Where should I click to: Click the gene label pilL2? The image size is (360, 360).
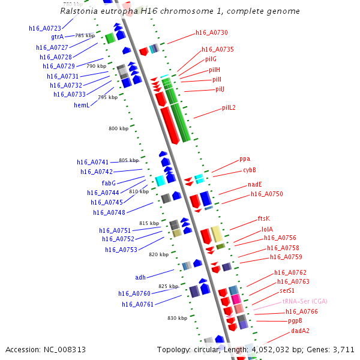coord(229,108)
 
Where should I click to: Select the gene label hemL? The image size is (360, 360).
coord(82,105)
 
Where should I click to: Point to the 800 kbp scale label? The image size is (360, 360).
coord(118,128)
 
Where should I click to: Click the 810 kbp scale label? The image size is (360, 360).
coord(139,191)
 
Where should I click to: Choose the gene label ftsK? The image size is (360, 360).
coord(264,218)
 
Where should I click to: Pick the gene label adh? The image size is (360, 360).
coord(140,277)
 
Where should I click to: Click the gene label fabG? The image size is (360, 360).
coord(109,183)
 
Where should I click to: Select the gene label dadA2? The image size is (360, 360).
coord(301,331)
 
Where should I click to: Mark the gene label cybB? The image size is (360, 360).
coord(250,170)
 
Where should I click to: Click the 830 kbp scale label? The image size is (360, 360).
coord(178,317)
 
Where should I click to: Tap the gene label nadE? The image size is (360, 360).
coord(255,185)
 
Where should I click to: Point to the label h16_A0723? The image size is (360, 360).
coord(45,28)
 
